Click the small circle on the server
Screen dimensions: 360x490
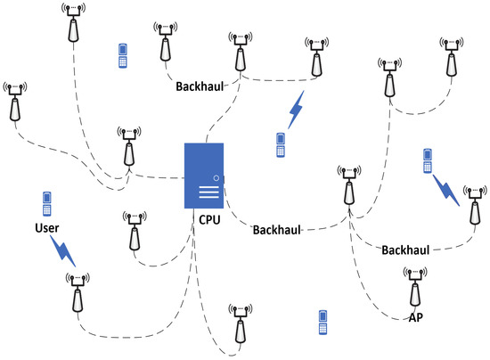217,177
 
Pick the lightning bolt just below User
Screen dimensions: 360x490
60,252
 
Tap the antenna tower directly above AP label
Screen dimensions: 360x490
413,288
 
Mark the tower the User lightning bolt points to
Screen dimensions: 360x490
78,292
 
